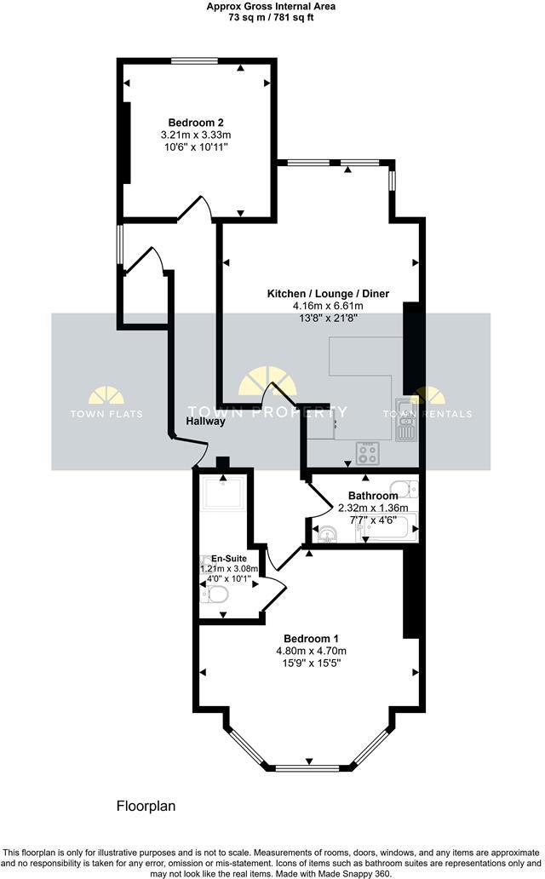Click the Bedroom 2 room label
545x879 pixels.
point(196,122)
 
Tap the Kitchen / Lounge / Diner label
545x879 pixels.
point(328,294)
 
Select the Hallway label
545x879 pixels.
point(205,421)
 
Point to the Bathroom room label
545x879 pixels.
point(373,496)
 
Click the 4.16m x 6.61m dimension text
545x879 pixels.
point(328,307)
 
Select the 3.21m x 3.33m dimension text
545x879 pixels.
point(196,135)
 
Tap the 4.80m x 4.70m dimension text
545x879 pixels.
point(311,652)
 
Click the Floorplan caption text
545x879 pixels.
point(146,806)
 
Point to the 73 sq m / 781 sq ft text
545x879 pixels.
point(271,18)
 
